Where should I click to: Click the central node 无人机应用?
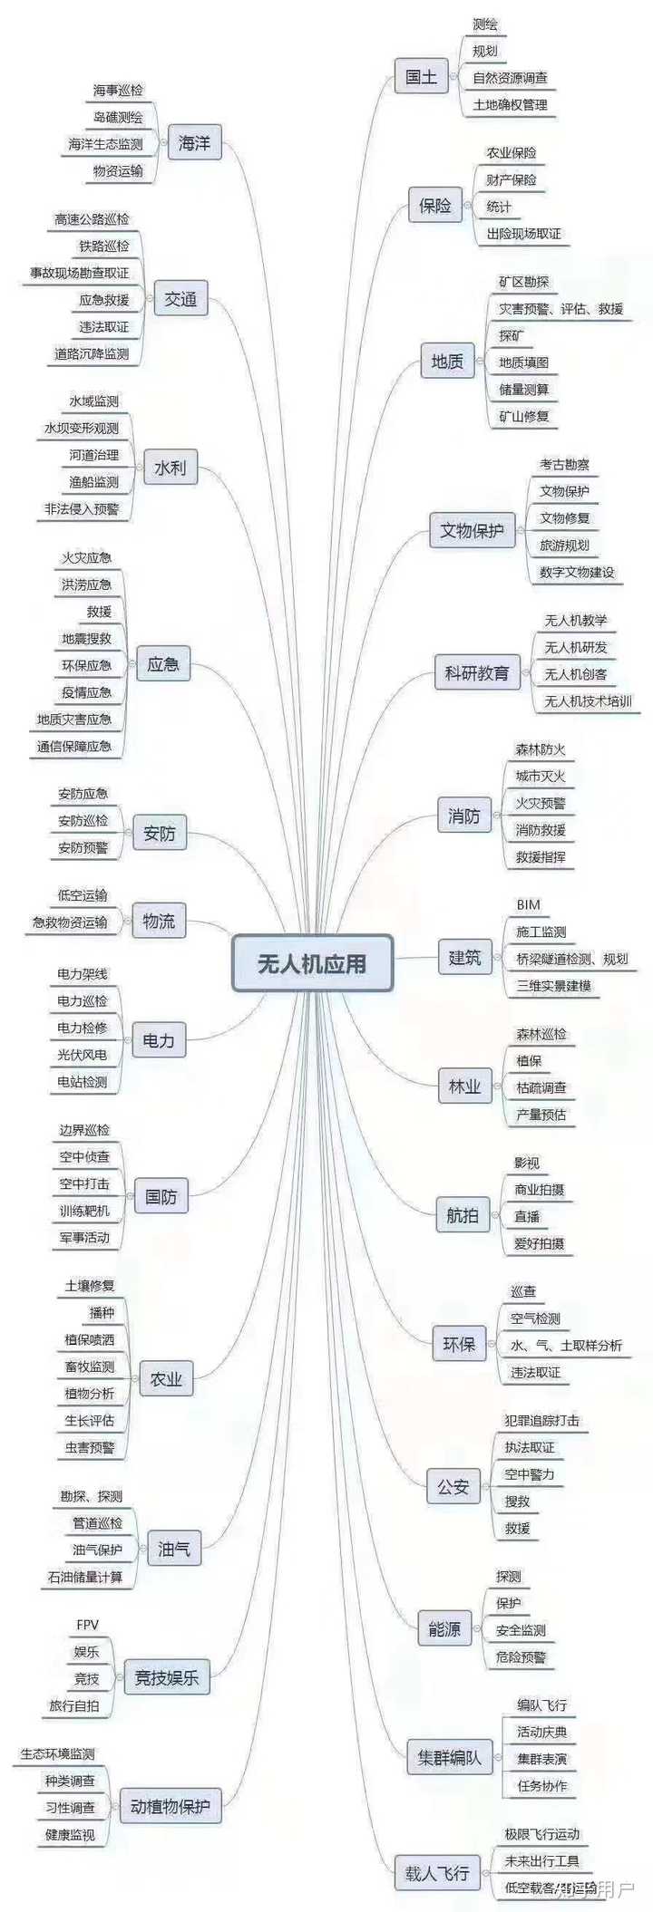(x=312, y=963)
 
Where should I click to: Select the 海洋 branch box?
(x=194, y=143)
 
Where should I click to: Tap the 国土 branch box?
(x=422, y=77)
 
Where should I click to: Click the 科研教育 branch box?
(x=477, y=673)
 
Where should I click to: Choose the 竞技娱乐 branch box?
(x=166, y=1678)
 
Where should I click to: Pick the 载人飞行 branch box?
(x=437, y=1873)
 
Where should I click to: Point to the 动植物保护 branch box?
(x=170, y=1807)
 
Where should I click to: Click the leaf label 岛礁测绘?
(x=118, y=117)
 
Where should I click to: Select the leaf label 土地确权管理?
(x=510, y=105)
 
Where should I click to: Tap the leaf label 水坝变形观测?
(x=82, y=428)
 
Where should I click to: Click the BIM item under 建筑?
(x=528, y=904)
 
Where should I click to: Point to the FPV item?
(x=87, y=1625)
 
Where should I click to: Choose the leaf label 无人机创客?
(x=575, y=674)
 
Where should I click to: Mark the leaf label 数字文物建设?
(x=576, y=573)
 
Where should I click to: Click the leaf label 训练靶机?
(x=84, y=1211)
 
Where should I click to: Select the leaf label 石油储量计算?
(x=85, y=1577)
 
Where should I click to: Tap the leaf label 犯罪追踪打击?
(x=541, y=1420)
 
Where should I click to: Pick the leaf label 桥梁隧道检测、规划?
(x=571, y=959)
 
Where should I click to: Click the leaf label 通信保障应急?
(x=74, y=747)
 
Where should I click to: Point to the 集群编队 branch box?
(x=449, y=1758)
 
